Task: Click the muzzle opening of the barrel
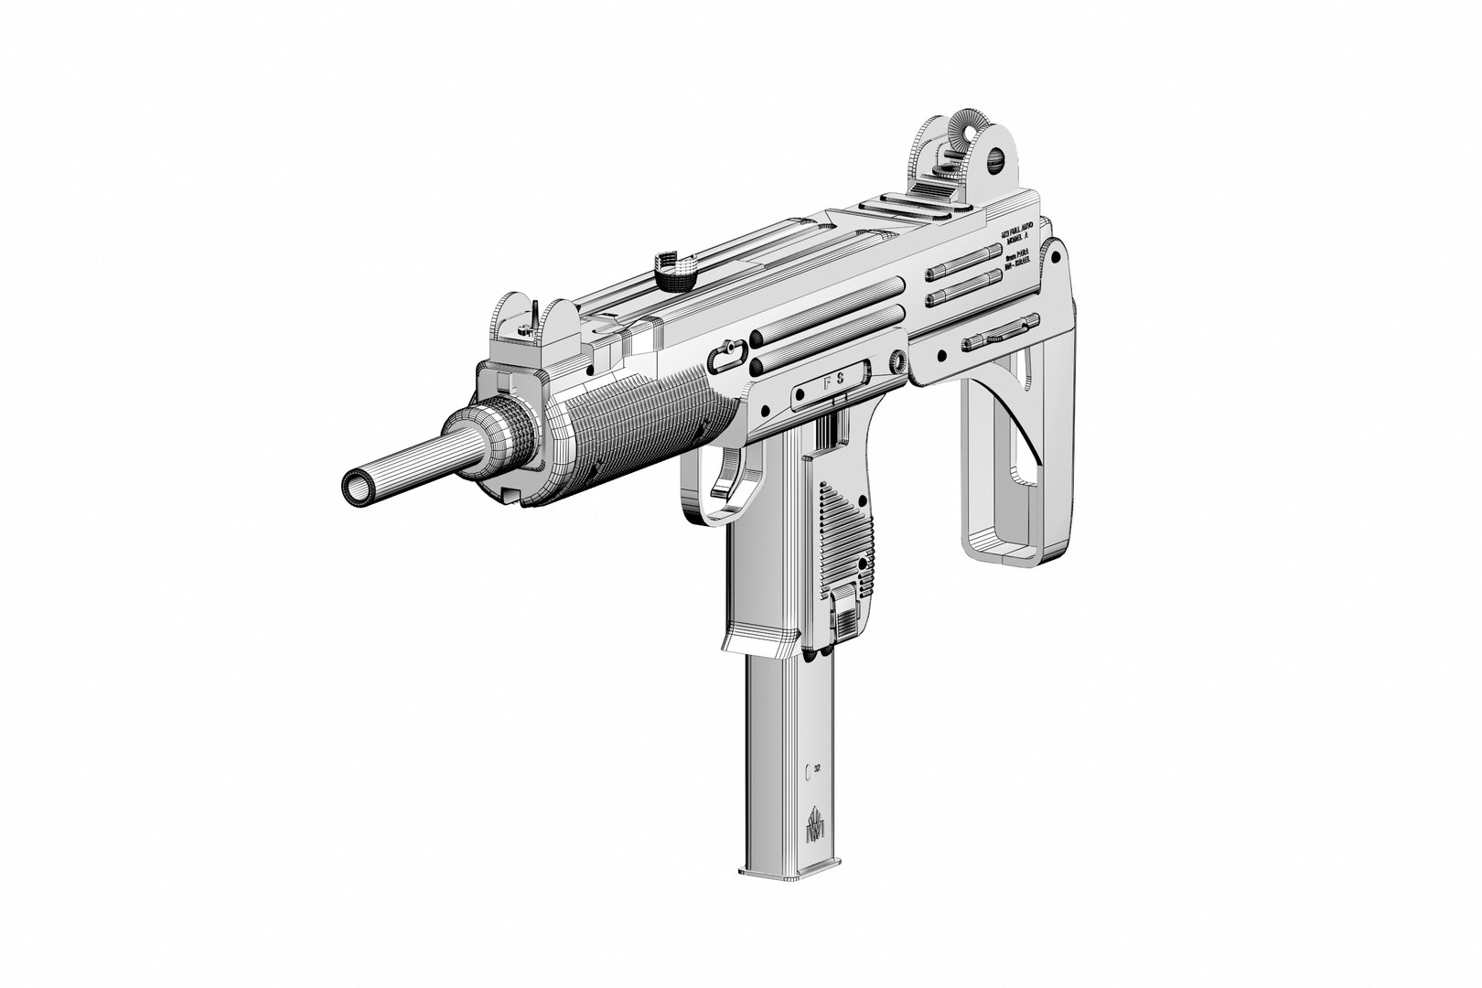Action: (358, 486)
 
